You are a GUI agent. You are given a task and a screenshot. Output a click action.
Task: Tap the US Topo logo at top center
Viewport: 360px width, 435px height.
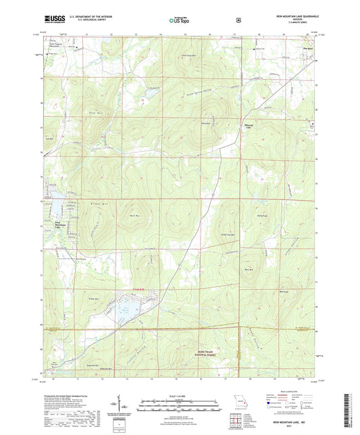point(179,20)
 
